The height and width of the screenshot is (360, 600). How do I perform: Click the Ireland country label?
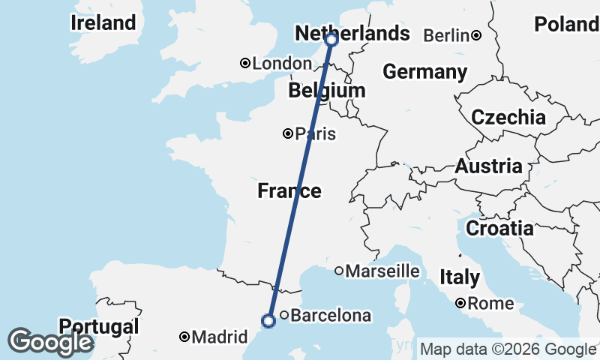tap(103, 23)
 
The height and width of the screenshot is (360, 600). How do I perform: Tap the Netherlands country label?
tap(352, 34)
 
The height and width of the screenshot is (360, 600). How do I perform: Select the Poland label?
tap(566, 25)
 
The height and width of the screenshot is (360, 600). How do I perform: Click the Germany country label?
tap(424, 72)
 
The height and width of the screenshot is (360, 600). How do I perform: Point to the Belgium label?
tap(327, 91)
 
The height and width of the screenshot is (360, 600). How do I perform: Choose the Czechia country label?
tap(508, 117)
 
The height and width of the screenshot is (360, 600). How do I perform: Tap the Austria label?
tap(488, 166)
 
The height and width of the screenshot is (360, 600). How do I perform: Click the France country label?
tap(289, 191)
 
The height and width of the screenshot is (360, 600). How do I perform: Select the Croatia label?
tap(499, 228)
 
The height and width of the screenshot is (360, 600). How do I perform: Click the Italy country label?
tap(460, 277)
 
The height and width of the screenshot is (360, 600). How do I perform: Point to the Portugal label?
tap(99, 327)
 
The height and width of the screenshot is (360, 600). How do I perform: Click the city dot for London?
tap(244, 64)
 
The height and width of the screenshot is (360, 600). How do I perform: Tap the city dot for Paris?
tap(288, 134)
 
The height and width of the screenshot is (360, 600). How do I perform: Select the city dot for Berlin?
tap(476, 35)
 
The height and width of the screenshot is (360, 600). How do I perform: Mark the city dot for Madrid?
tap(184, 337)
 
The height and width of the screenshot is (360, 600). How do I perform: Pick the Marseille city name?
tap(382, 271)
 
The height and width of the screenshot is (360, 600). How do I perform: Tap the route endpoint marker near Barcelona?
tap(268, 321)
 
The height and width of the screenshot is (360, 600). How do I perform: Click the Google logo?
tap(50, 342)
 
